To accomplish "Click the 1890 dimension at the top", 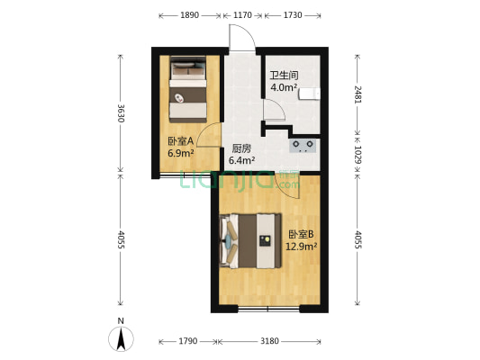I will pos(189,15).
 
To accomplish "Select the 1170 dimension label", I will pos(242,15).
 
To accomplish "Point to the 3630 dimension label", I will pos(120,114).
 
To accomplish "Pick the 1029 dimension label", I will pos(358,154).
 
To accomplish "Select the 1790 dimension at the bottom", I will pos(186,341).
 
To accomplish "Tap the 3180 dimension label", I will pos(270,341).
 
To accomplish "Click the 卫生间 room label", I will pos(284,76).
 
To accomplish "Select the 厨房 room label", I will pos(241,148).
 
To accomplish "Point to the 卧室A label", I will pos(180,141).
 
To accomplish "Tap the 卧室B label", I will pos(299,234).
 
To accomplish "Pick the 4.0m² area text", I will pos(284,87).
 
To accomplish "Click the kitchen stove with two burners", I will pos(302,144).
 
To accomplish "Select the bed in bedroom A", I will pos(189,88).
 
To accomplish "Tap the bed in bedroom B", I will pos(255,240).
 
